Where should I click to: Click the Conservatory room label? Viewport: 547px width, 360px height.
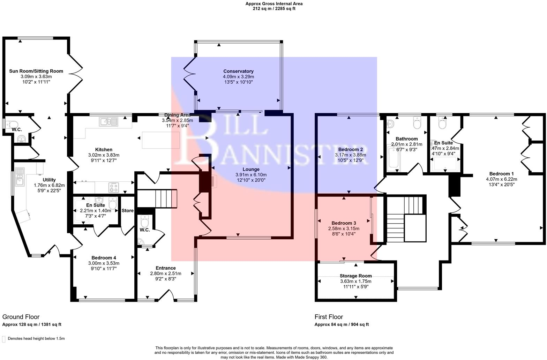[x=238, y=71]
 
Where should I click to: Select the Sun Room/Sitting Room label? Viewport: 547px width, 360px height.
[x=36, y=71]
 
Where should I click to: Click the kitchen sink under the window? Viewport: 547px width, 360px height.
[x=109, y=121]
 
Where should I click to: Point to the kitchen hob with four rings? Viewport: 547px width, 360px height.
[x=114, y=187]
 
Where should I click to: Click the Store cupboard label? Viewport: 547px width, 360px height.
[x=128, y=211]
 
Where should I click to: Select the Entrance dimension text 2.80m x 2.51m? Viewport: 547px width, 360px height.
[x=166, y=273]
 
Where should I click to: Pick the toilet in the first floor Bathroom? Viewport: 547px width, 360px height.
[x=417, y=123]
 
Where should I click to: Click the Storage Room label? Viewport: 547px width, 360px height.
[x=355, y=276]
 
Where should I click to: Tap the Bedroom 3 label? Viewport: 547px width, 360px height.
[x=344, y=223]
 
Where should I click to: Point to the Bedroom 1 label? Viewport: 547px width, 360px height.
[x=501, y=174]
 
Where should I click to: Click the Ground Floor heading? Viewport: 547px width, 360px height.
[x=21, y=317]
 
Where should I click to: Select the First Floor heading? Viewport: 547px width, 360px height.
[x=329, y=317]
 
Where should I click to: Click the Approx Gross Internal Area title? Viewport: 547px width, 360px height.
[x=274, y=4]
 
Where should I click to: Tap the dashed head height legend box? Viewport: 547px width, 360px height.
[x=4, y=339]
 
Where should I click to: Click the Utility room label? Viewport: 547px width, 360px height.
[x=49, y=180]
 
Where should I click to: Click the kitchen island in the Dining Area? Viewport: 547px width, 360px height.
[x=161, y=140]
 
